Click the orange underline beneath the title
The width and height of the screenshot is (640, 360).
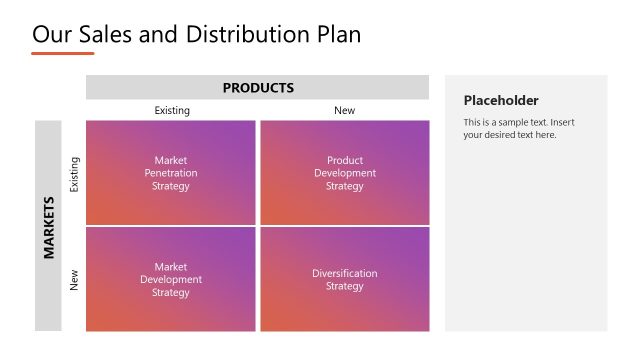click(62, 53)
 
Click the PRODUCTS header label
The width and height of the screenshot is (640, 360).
click(258, 88)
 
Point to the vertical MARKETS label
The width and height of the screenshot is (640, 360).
click(48, 226)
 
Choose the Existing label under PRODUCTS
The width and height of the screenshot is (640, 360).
click(171, 111)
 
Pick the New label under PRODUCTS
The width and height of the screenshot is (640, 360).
click(344, 111)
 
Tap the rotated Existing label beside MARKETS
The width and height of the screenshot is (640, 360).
click(73, 173)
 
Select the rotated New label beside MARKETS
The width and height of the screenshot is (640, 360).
click(73, 280)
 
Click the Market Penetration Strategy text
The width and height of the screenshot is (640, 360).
click(171, 173)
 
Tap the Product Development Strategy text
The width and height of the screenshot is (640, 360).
click(344, 173)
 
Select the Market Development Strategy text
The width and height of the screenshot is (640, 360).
click(171, 280)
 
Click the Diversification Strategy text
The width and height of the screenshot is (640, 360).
click(344, 280)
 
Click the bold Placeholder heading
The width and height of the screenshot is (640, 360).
click(501, 100)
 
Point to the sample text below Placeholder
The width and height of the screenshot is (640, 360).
click(518, 129)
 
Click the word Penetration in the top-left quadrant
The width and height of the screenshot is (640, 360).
click(171, 173)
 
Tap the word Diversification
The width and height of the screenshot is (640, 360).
click(344, 273)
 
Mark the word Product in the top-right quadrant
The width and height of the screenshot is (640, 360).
click(344, 160)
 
